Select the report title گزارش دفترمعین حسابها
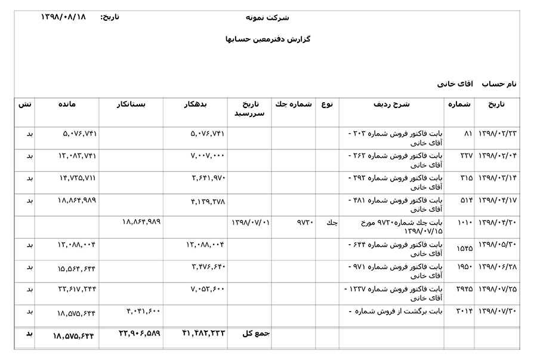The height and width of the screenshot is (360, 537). [x=268, y=39]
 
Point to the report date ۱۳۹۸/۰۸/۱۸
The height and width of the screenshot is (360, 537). [x=63, y=17]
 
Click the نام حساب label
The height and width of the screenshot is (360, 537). [x=499, y=84]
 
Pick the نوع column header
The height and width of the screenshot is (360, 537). [x=326, y=104]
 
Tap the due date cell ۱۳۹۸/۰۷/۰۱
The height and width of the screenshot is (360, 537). [x=251, y=223]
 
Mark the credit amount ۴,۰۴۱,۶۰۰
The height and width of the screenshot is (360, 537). [x=143, y=311]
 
